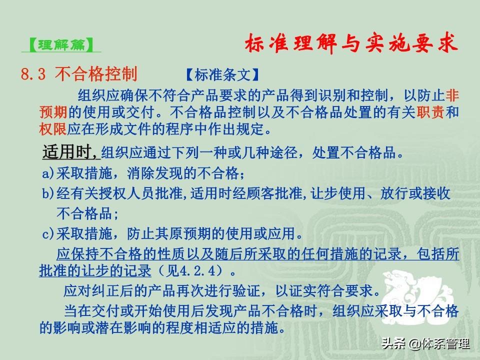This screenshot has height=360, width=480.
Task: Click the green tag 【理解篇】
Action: tap(61, 44)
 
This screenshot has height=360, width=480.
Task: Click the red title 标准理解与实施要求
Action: tap(351, 43)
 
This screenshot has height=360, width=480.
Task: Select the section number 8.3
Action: tap(33, 74)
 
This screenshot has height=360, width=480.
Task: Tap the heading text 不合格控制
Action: tap(96, 74)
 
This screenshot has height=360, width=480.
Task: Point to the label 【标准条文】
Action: tap(222, 75)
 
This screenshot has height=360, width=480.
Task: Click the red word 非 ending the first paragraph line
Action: tap(452, 95)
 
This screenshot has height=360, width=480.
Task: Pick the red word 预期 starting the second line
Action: tap(53, 112)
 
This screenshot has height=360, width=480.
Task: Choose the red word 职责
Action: tap(430, 112)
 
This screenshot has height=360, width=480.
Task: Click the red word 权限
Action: tap(53, 129)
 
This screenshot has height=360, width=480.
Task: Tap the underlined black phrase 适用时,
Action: tap(71, 151)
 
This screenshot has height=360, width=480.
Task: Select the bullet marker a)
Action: tap(48, 173)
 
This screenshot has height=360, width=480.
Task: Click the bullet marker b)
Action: tap(48, 193)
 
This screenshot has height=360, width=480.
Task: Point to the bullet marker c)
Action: tap(48, 234)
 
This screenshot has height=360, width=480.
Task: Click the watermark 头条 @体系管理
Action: tap(425, 344)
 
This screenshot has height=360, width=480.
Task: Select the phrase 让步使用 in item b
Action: tap(338, 193)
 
